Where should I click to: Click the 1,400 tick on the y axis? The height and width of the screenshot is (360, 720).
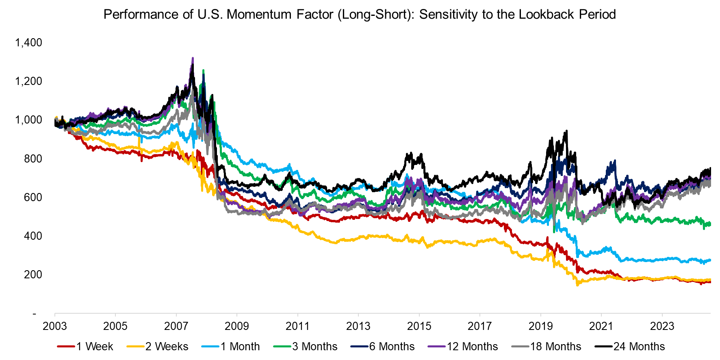(x=28, y=43)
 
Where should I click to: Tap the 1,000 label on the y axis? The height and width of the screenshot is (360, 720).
(x=28, y=120)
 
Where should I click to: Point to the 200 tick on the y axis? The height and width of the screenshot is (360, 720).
(x=33, y=275)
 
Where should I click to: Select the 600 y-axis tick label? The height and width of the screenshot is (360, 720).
(x=33, y=197)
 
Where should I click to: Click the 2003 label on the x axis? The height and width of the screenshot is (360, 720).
(x=55, y=326)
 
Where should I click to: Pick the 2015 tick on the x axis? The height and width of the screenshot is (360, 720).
(x=419, y=326)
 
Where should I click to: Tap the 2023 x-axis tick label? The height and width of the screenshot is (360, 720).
(x=662, y=326)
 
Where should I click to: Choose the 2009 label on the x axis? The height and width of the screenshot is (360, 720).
(x=237, y=326)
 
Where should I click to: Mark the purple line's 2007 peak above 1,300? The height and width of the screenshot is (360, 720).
(x=193, y=59)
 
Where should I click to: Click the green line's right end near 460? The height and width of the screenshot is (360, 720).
(x=709, y=224)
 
